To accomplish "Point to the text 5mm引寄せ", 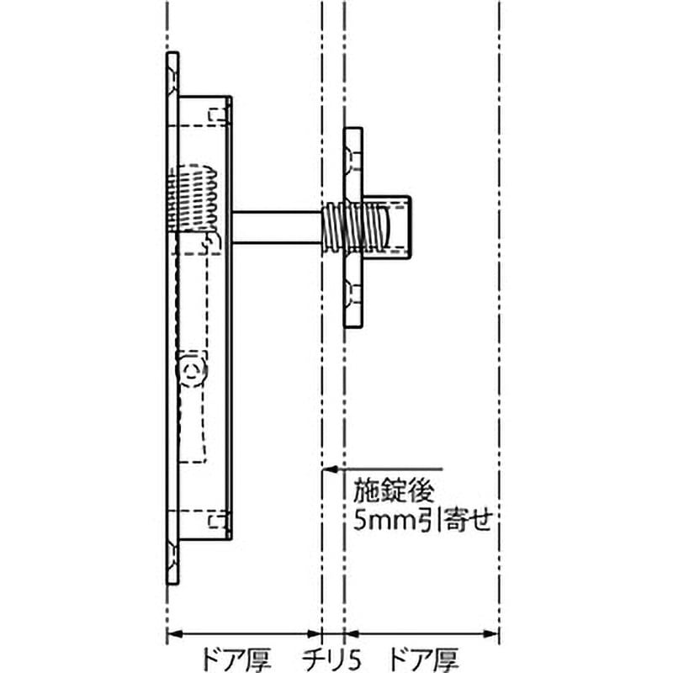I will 421,519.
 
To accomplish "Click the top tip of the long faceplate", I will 172,57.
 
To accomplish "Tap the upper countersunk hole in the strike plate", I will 352,156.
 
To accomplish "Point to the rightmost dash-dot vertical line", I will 500,336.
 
